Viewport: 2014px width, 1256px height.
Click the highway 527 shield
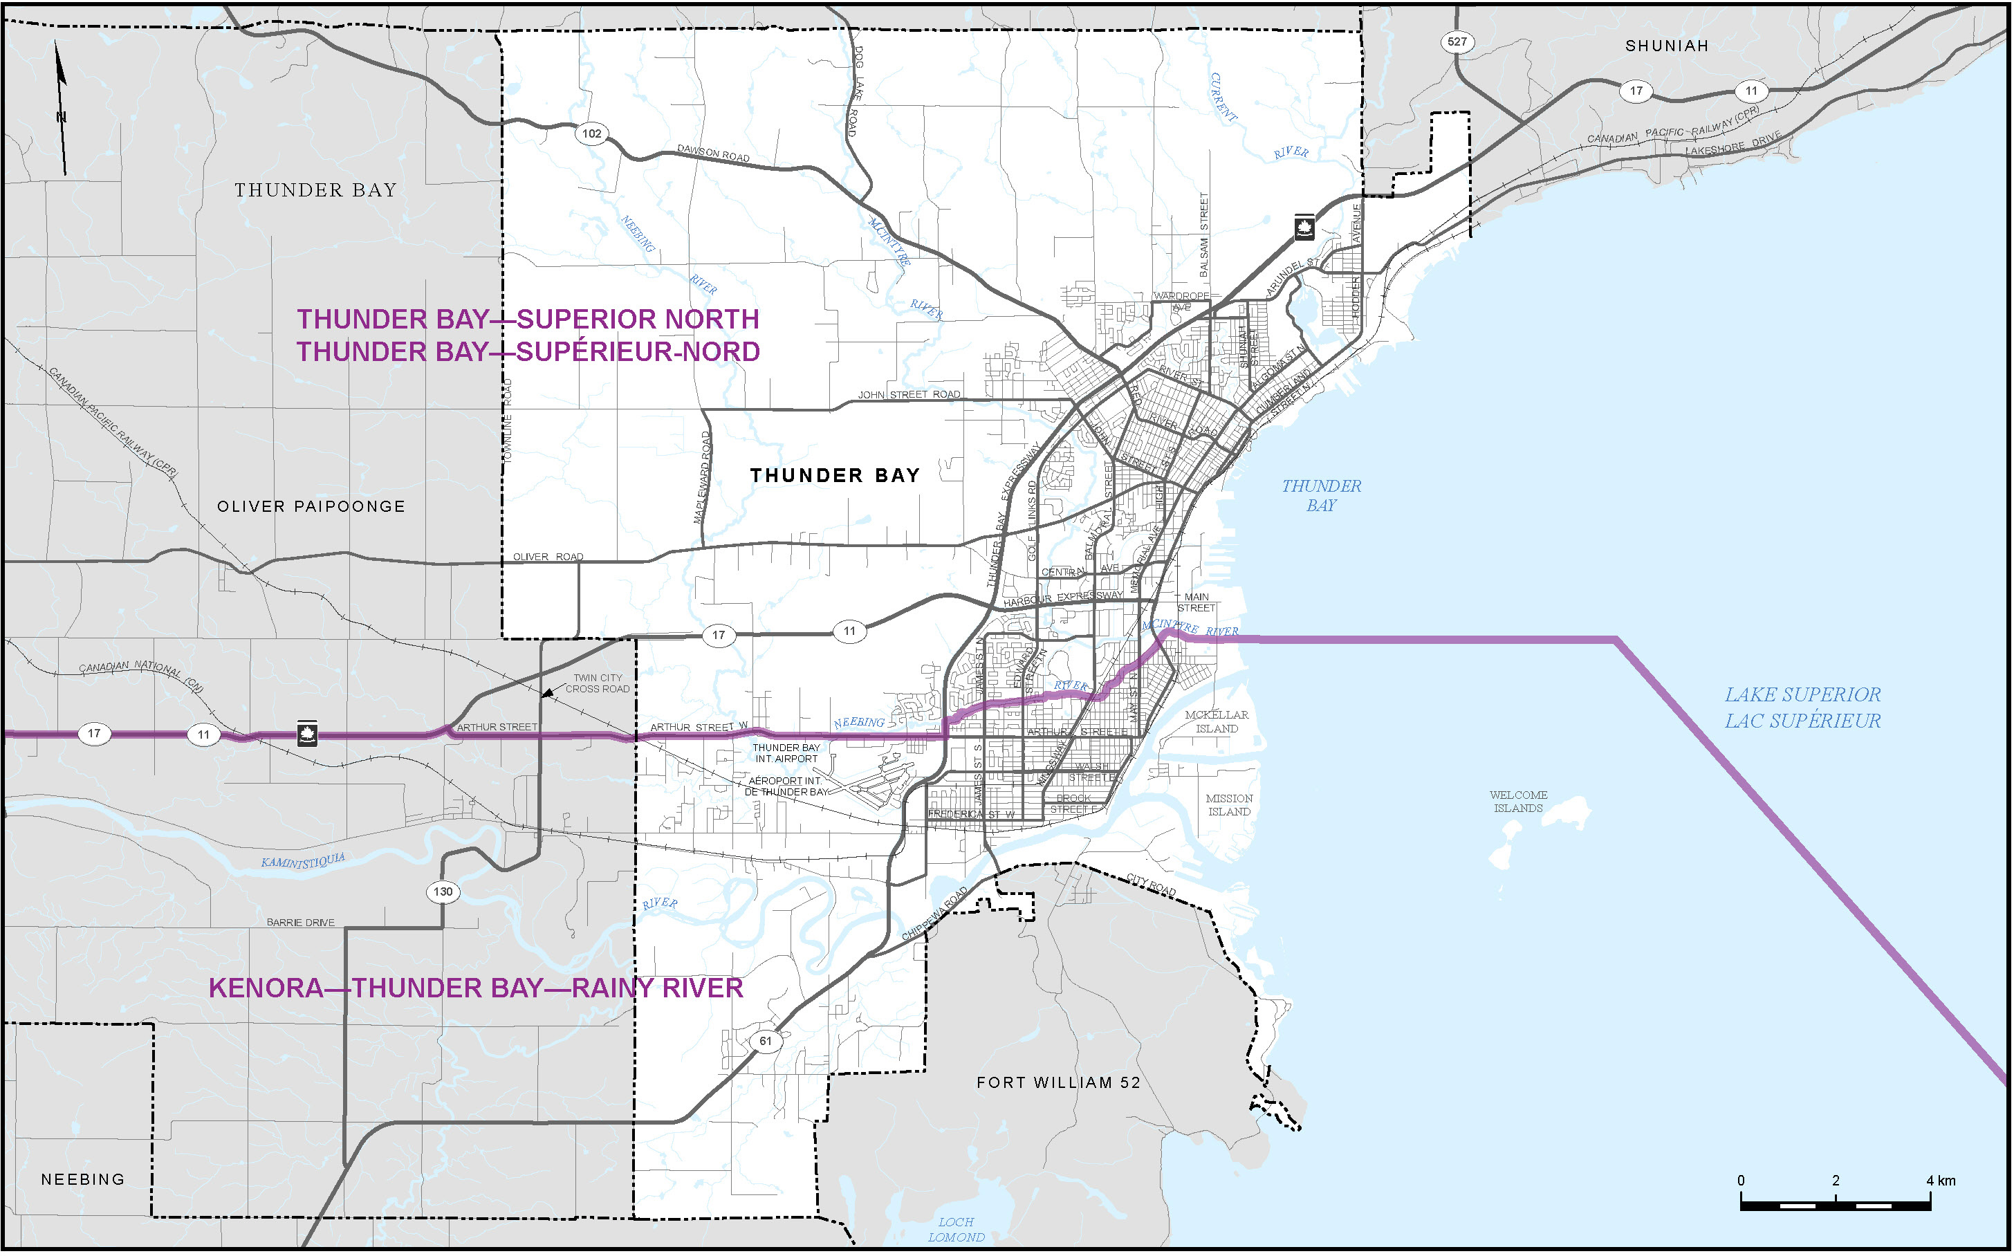tap(1457, 41)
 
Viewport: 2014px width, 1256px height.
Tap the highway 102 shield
tap(591, 133)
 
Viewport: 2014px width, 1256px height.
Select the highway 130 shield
tap(443, 892)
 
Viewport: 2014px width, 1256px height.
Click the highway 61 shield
tap(765, 1040)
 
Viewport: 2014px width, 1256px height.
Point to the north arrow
tap(61, 108)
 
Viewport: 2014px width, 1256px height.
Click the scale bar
tap(1835, 1201)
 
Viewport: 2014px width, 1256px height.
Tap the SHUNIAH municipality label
tap(1666, 46)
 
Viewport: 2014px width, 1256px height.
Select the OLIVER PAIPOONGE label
tap(311, 506)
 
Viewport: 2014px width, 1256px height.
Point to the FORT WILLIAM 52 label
tap(1058, 1082)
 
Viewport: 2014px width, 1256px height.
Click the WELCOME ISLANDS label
tap(1518, 801)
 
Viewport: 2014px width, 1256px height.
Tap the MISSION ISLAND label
tap(1228, 804)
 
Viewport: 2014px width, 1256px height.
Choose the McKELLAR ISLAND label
tap(1216, 721)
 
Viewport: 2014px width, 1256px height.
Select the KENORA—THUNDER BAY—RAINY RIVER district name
tap(475, 988)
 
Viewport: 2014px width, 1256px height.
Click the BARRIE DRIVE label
tap(301, 922)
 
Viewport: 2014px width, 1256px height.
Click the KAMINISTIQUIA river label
tap(302, 860)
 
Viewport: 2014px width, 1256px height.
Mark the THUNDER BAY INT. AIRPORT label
tap(786, 752)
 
